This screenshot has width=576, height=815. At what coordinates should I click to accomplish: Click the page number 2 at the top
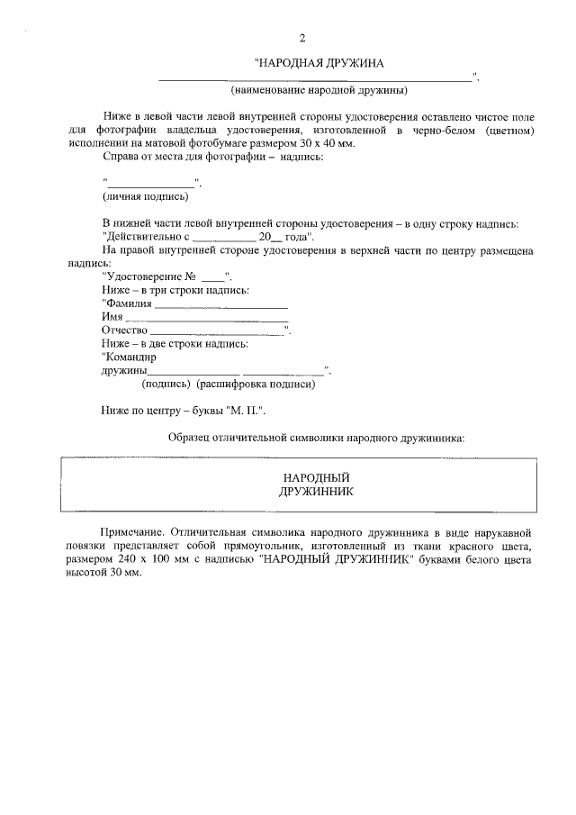coord(302,39)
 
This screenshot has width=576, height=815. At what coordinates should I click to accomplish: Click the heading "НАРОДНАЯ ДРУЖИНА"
coord(320,63)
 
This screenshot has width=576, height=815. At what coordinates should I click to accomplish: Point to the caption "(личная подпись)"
coord(145,195)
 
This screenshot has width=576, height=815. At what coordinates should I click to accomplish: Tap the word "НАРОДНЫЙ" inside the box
coord(316,477)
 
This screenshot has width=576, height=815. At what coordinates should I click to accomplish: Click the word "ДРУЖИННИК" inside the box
coord(316,492)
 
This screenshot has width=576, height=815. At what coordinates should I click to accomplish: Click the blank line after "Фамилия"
coord(221,307)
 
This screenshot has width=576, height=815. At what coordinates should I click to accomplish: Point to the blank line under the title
coord(315,79)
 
